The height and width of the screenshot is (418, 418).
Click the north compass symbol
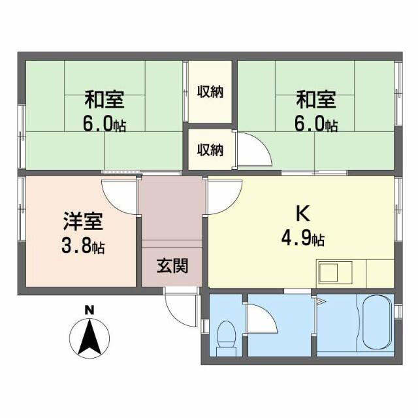90,336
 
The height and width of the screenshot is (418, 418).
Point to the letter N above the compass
90,309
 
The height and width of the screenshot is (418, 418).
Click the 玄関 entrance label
172,266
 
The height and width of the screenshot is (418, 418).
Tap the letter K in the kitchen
302,214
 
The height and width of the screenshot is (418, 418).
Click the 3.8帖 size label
80,247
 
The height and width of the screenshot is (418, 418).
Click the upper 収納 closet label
210,91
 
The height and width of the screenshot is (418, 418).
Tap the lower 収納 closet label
210,150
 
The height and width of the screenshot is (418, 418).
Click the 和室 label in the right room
315,100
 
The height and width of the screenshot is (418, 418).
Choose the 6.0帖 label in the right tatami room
315,124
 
